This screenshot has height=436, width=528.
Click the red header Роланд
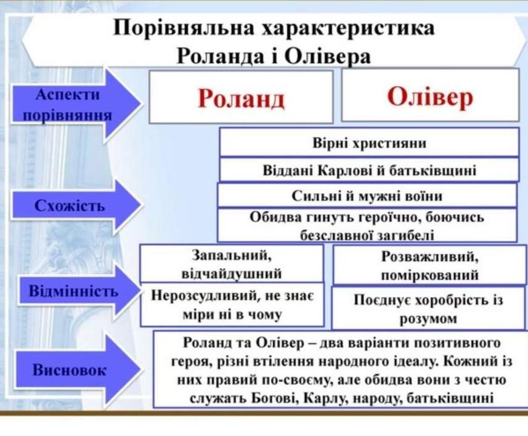[241, 97]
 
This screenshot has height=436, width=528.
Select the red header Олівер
[430, 96]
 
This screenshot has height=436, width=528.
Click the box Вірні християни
[369, 143]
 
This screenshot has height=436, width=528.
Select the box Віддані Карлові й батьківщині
[369, 170]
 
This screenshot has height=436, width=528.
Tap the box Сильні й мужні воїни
[367, 196]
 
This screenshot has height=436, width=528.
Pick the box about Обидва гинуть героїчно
[367, 225]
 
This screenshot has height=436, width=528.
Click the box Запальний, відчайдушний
[232, 263]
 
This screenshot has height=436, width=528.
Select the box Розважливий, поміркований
[429, 265]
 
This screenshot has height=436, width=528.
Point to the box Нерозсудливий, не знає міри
[232, 305]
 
